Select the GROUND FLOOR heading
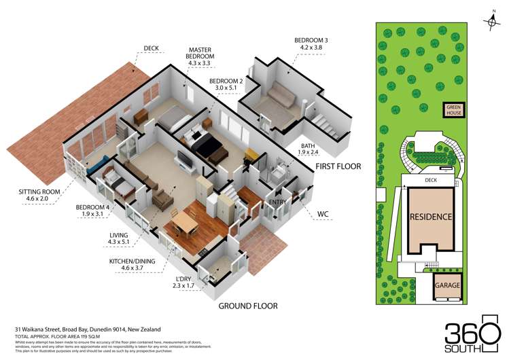[248, 306]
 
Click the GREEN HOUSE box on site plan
[453, 110]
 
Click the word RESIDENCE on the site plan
[430, 217]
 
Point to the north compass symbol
[492, 22]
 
